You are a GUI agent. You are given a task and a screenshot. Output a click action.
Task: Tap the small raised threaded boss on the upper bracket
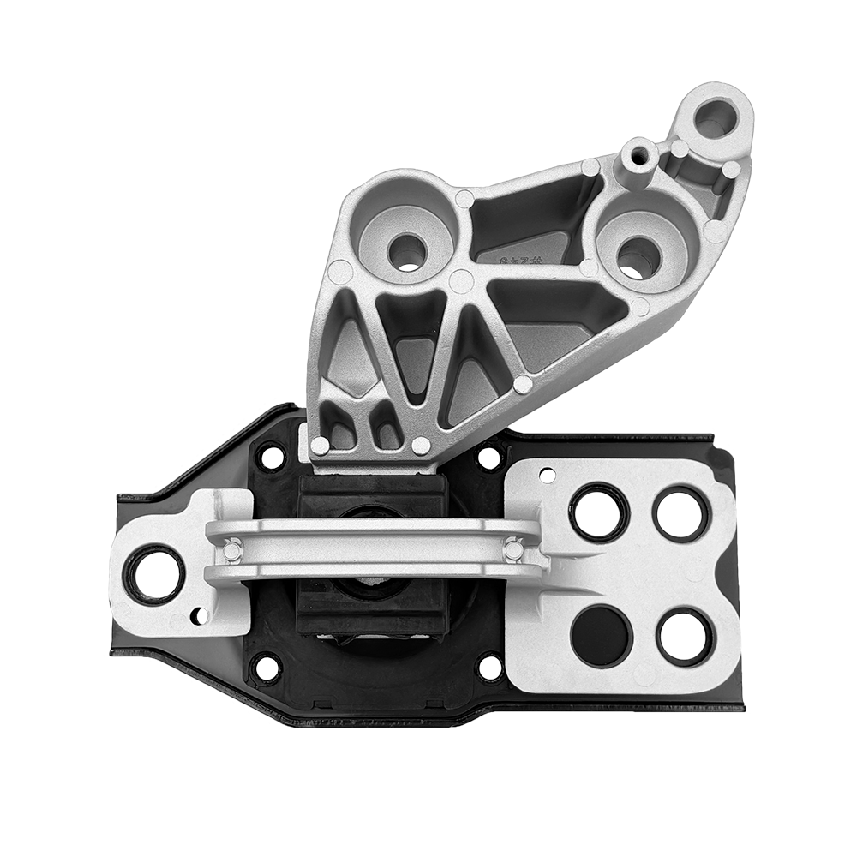[x=639, y=156]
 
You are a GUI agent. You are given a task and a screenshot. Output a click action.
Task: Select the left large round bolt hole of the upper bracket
[x=406, y=251]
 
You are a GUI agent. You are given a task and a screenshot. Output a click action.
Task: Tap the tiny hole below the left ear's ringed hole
[x=199, y=615]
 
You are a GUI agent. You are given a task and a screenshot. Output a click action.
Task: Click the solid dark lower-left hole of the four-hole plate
[x=600, y=635]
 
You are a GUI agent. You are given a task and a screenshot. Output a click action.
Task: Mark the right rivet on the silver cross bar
[x=513, y=549]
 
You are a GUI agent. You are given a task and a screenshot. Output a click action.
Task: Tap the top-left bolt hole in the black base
[x=271, y=457]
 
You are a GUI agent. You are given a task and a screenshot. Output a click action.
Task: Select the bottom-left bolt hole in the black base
[x=266, y=668]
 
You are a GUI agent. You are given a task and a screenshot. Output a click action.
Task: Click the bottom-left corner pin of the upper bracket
[x=320, y=446]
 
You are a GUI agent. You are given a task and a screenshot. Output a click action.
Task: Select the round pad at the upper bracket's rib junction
[x=461, y=281]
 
